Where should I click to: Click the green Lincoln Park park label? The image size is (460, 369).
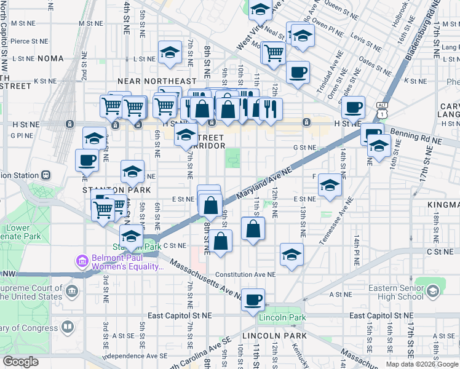point(283,317)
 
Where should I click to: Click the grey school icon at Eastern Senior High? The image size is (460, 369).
point(432,290)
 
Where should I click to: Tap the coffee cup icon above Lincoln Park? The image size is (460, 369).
point(253,300)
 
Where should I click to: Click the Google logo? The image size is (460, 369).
point(20,361)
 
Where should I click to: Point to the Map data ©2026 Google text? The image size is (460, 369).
point(421,363)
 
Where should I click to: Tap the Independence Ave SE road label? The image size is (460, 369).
point(135,356)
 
